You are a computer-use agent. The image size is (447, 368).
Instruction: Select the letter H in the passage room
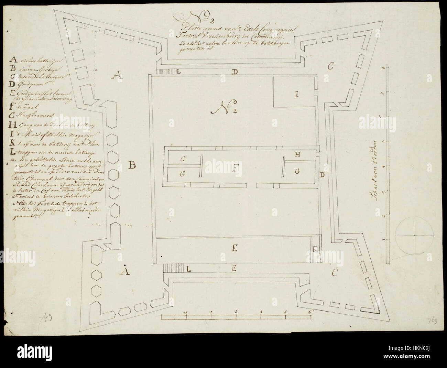click(298, 155)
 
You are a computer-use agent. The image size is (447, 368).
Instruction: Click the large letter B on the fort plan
click(133, 166)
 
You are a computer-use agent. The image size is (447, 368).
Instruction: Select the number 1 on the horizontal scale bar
click(186, 312)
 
